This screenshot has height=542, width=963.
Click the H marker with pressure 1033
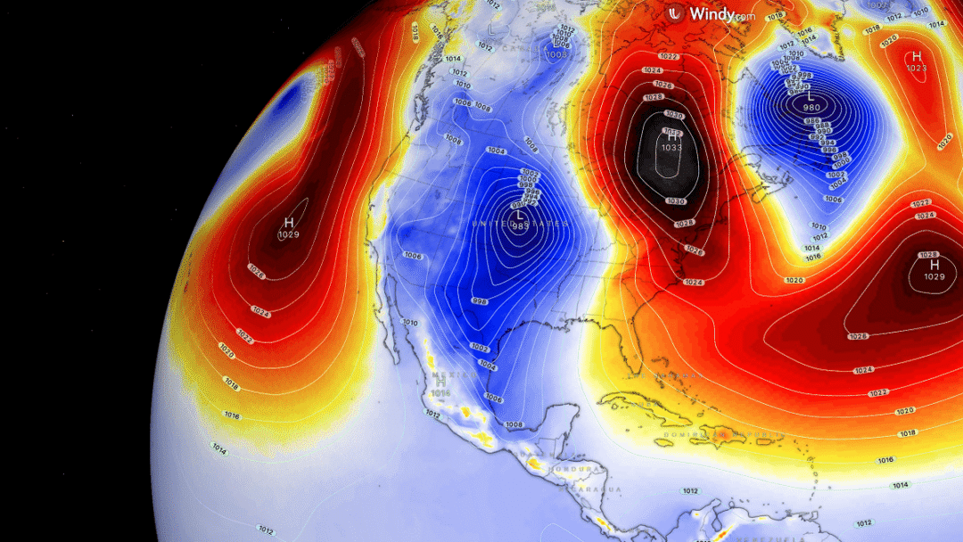click(x=671, y=136)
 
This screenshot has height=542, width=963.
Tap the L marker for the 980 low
click(x=811, y=96)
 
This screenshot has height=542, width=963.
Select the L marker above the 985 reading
click(x=519, y=215)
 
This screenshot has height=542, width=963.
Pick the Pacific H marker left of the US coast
click(x=288, y=222)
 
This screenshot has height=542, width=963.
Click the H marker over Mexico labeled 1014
click(x=440, y=382)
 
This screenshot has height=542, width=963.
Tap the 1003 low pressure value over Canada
click(x=557, y=54)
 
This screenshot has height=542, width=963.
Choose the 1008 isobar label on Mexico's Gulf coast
click(x=514, y=425)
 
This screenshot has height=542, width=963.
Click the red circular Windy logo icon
click(x=676, y=13)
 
